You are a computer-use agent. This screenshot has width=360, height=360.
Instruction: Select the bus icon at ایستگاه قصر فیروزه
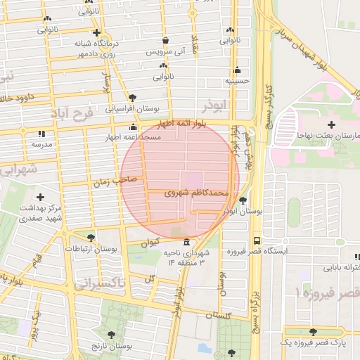point(256,240)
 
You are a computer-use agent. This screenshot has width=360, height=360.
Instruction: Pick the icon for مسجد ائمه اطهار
point(133,127)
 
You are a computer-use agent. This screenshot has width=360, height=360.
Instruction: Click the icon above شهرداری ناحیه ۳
point(186,243)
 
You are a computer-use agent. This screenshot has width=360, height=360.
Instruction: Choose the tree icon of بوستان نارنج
point(111,335)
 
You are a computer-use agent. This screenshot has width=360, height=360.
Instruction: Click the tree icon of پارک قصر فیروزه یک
point(313,331)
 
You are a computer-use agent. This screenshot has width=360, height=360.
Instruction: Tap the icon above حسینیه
point(238,70)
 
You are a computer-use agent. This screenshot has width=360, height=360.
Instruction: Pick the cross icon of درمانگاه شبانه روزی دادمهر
point(96,32)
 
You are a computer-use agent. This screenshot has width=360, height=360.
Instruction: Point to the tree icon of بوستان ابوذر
point(243,200)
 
